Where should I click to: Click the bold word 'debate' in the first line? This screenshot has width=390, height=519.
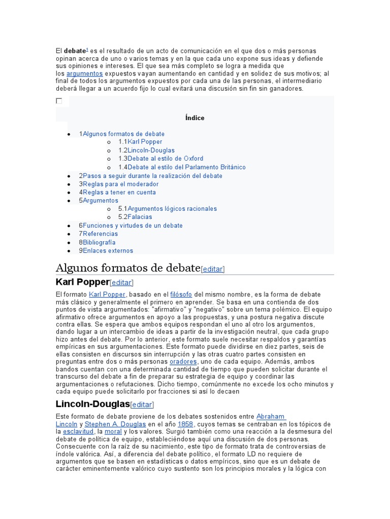click(74, 51)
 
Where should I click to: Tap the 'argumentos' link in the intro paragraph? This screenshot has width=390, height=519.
click(84, 73)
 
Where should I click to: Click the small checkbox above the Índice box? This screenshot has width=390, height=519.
click(59, 101)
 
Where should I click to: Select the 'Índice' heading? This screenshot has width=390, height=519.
click(195, 118)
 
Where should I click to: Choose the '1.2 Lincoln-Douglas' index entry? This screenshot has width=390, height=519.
click(151, 151)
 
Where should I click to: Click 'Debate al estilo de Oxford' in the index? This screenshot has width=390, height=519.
click(166, 159)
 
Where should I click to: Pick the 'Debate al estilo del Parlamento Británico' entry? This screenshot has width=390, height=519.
click(186, 167)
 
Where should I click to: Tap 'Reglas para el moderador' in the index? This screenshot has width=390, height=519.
click(120, 184)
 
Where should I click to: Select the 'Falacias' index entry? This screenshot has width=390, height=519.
click(140, 217)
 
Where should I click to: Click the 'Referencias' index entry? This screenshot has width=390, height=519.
click(100, 234)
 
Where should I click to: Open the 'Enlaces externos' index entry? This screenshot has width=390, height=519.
click(108, 250)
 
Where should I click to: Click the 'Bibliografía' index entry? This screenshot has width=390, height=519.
click(99, 242)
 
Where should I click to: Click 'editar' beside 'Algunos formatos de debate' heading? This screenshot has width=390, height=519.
click(213, 269)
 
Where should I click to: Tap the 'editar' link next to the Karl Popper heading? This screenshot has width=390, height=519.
click(122, 283)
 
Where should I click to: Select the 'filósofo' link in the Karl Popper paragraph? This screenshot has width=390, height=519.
click(181, 294)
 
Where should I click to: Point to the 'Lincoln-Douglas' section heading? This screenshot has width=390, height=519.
click(92, 404)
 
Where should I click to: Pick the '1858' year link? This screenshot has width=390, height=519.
click(185, 424)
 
